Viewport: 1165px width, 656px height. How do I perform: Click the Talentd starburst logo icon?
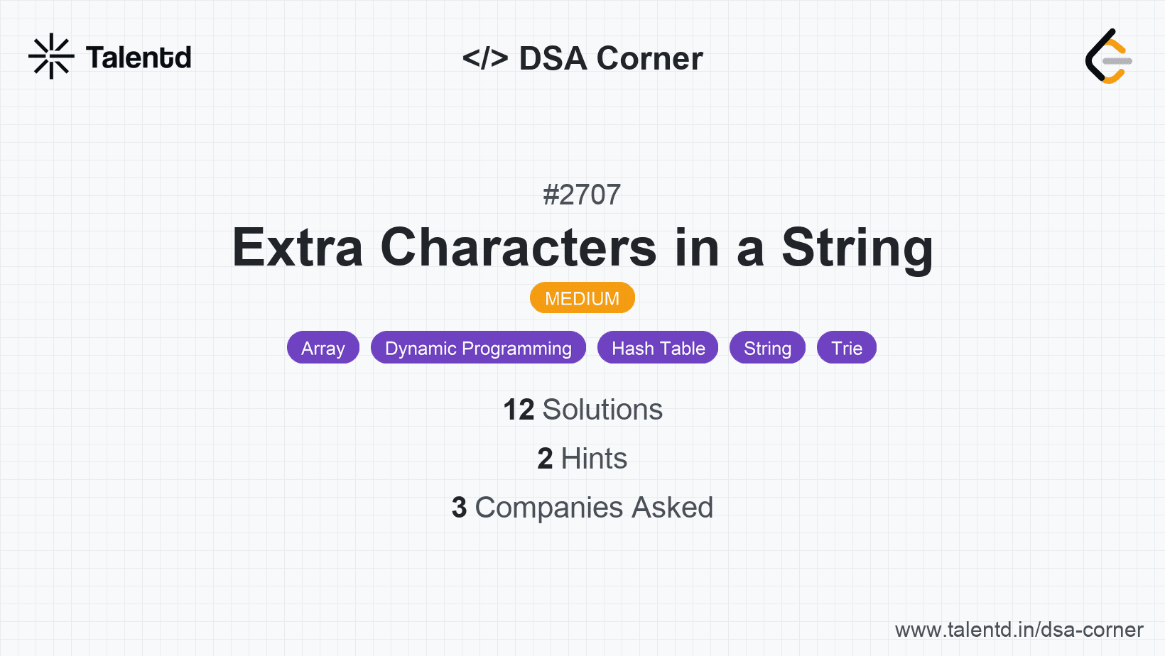pyautogui.click(x=51, y=56)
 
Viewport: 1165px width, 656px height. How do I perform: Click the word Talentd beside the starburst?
pyautogui.click(x=139, y=58)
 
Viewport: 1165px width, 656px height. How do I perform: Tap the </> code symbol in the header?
pyautogui.click(x=484, y=58)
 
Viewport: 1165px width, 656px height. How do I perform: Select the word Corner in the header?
pyautogui.click(x=649, y=58)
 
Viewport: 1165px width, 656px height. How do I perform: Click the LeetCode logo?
pyautogui.click(x=1108, y=56)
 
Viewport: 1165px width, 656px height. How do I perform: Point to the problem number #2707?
pyautogui.click(x=582, y=195)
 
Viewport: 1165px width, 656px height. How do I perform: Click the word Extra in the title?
pyautogui.click(x=297, y=248)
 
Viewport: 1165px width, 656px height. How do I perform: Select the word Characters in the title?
pyautogui.click(x=519, y=248)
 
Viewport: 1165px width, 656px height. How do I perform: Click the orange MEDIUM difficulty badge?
pyautogui.click(x=582, y=298)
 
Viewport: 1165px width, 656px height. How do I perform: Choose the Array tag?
pyautogui.click(x=323, y=347)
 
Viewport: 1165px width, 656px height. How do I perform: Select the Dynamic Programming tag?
pyautogui.click(x=478, y=347)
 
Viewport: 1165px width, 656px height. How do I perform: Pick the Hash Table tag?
pyautogui.click(x=658, y=347)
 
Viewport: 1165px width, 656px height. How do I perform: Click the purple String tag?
pyautogui.click(x=767, y=347)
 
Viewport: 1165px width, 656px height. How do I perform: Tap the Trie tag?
pyautogui.click(x=847, y=347)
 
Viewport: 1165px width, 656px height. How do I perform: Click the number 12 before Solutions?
pyautogui.click(x=519, y=410)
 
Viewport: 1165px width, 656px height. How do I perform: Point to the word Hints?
pyautogui.click(x=594, y=459)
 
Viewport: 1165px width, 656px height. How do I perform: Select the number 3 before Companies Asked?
pyautogui.click(x=459, y=508)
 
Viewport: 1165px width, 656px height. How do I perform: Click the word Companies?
pyautogui.click(x=548, y=508)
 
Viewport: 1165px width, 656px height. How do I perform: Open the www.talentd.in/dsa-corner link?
pyautogui.click(x=1019, y=630)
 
